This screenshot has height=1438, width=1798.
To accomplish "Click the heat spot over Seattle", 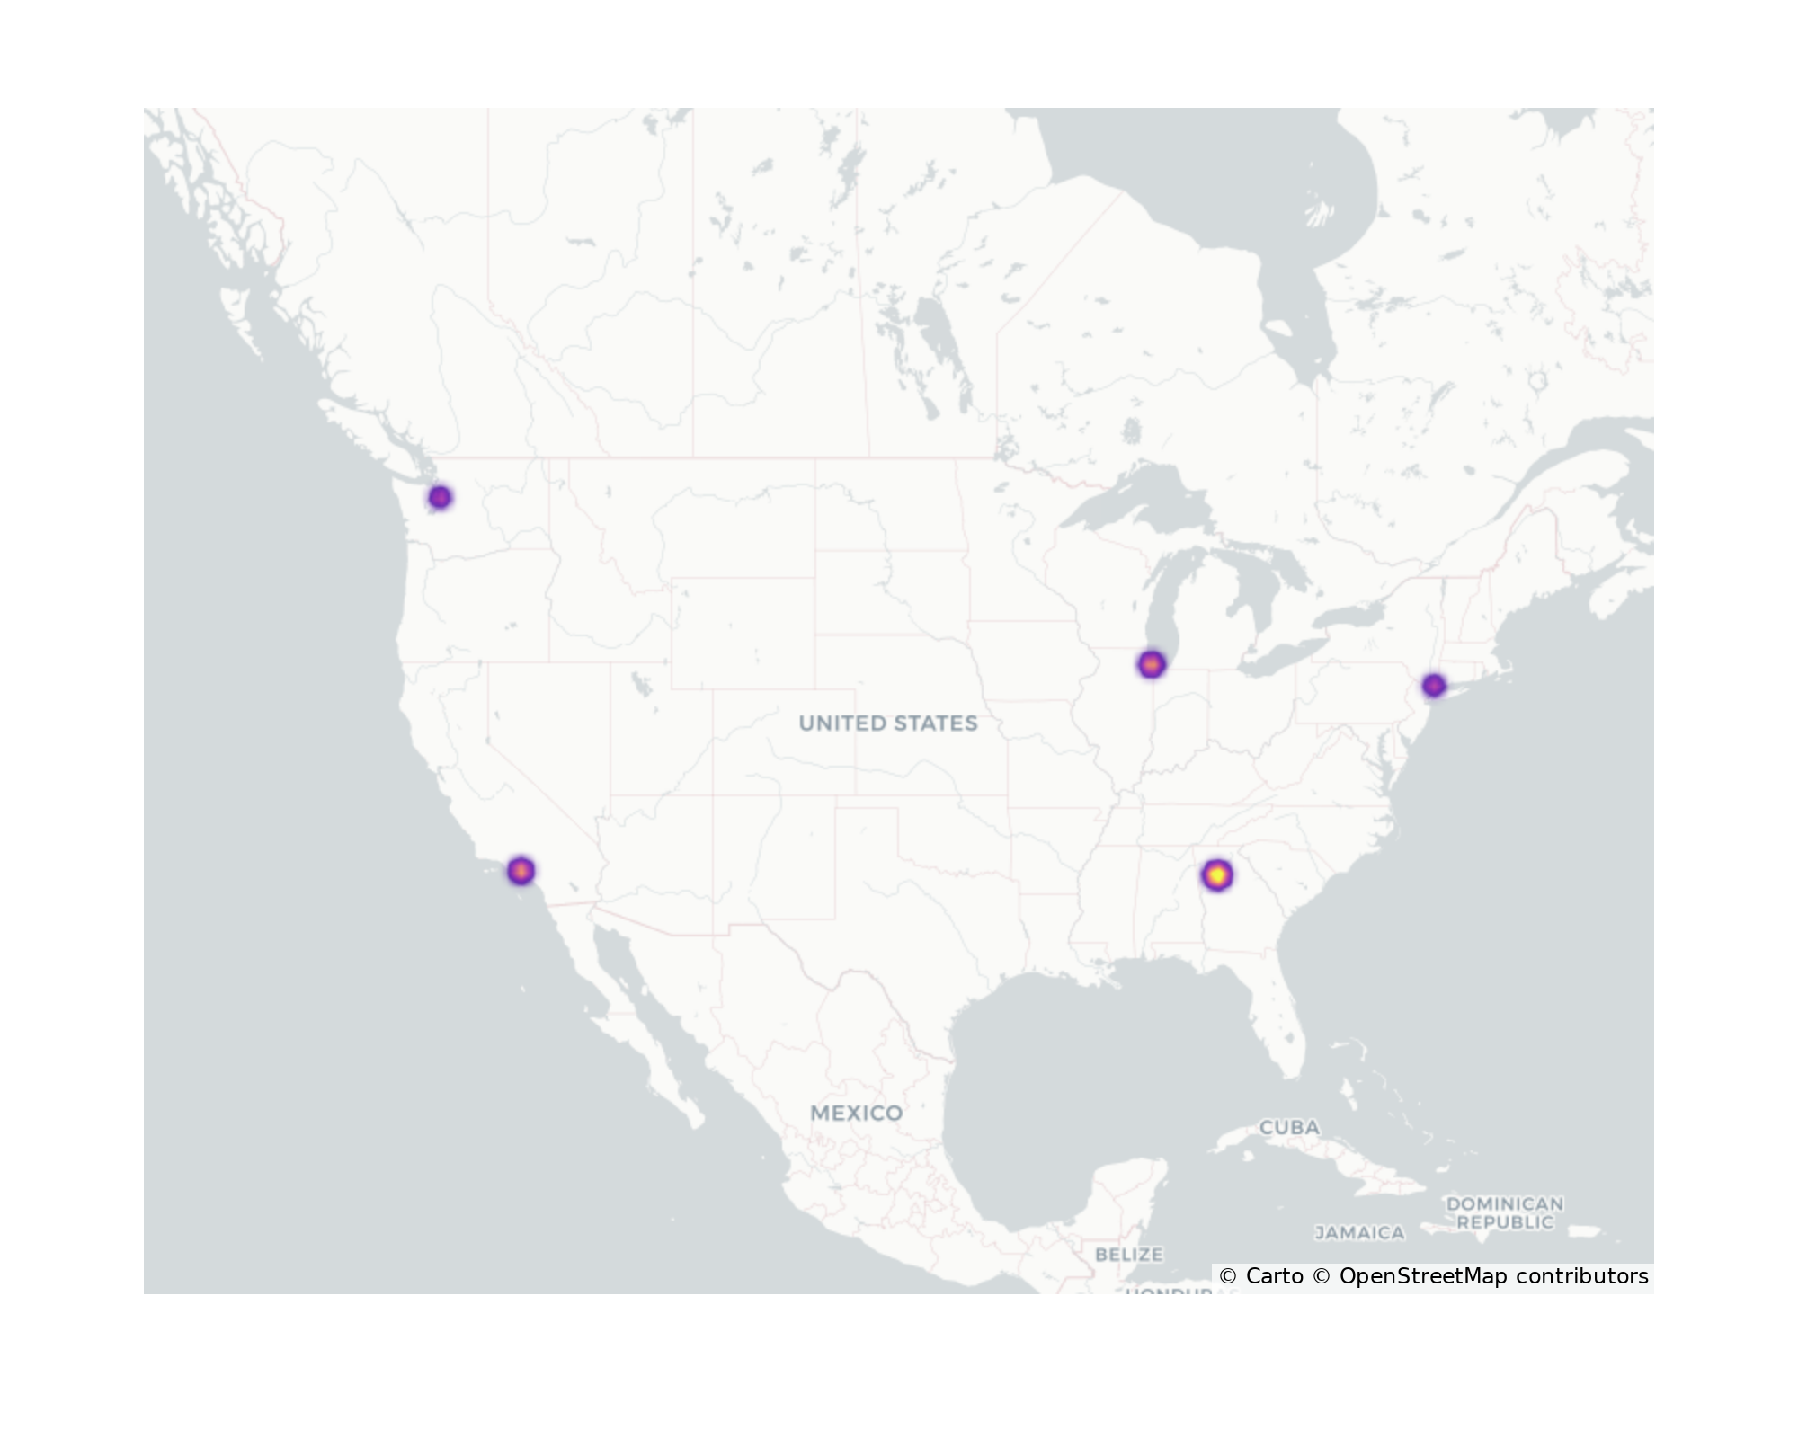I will coord(440,497).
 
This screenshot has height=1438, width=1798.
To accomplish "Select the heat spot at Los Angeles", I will coord(521,871).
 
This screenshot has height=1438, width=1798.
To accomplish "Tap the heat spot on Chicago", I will coord(1152,665).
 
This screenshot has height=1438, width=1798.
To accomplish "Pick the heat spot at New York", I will coord(1434,686).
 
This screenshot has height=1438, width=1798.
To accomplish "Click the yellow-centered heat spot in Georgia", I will coord(1216,874).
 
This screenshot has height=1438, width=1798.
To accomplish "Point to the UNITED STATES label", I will coord(887,723).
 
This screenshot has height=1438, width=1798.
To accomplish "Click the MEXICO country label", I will coord(856,1114).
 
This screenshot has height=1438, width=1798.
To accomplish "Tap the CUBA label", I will coord(1289,1127).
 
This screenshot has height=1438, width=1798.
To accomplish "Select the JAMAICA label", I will coord(1359,1233).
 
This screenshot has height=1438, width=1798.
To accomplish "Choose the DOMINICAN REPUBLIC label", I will coord(1504,1212).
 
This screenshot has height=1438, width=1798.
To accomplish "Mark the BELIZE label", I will coord(1129,1254).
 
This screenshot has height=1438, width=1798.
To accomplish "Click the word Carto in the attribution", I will coord(1274,1276).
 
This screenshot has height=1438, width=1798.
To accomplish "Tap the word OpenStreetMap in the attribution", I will coord(1423,1276).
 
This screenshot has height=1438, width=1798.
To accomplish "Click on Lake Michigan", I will coord(1169,602).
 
